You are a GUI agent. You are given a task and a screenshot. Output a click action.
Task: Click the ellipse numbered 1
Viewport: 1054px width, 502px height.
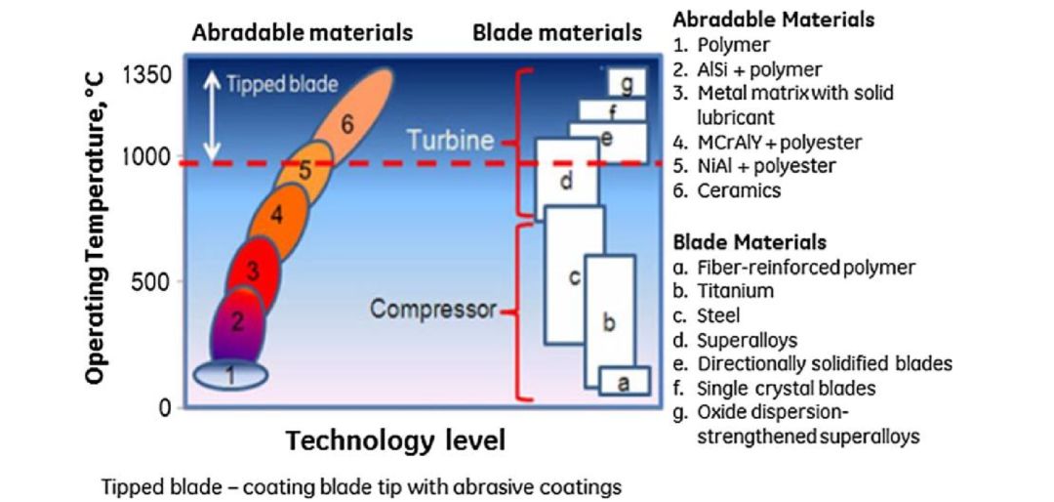coord(229,374)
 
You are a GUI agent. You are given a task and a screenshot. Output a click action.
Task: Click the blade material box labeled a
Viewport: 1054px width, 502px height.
coord(624,382)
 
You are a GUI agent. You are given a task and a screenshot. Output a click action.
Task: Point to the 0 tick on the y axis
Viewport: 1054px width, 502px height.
coord(165,407)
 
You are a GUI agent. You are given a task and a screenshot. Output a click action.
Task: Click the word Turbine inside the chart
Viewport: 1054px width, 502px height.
coord(450,140)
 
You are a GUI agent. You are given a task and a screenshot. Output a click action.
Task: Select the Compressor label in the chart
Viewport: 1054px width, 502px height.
coord(432,311)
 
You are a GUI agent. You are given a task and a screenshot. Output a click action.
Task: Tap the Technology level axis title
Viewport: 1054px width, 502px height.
coord(395,440)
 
